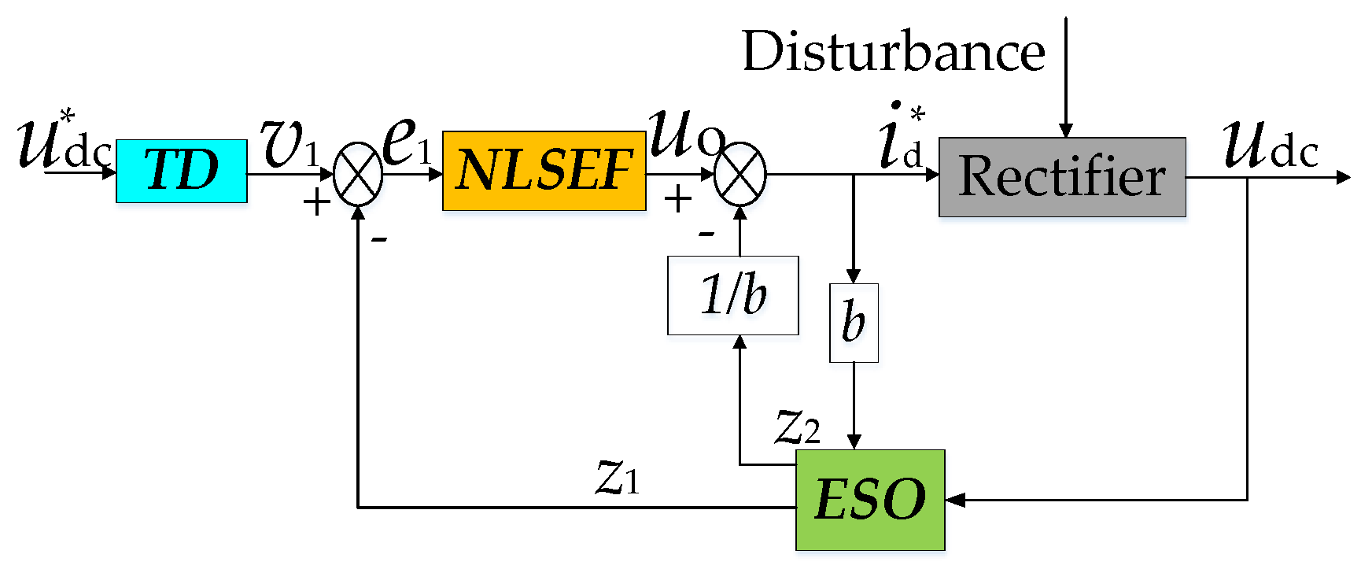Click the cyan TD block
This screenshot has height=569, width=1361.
coord(182,171)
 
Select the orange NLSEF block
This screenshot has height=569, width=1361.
coord(544,171)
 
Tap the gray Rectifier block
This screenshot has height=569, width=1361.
coord(1062,176)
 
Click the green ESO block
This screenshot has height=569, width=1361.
coord(870,500)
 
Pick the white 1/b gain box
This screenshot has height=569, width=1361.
coord(732,295)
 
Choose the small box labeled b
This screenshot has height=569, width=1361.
coord(854,323)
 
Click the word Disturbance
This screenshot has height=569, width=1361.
coord(893,52)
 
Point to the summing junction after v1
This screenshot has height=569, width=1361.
coord(358,174)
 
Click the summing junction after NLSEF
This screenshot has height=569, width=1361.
coord(740,174)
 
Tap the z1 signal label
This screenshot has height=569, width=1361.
coord(618,476)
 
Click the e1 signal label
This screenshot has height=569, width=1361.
coord(407,142)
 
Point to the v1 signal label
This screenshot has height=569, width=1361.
coord(290,144)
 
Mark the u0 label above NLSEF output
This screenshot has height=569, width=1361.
coord(684,134)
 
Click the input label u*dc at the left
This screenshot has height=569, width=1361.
coord(63,142)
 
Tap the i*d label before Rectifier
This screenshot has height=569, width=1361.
coord(902,138)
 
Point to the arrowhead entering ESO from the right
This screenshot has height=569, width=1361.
coord(954,500)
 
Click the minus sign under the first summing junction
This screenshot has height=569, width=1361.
coord(379,238)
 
